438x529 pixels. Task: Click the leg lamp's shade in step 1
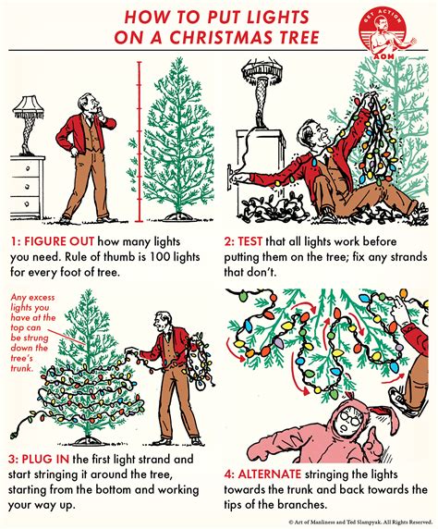point(29,106)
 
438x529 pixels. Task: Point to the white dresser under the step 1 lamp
point(26,187)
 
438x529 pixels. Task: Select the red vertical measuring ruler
point(139,141)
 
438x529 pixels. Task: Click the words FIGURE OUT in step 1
point(59,241)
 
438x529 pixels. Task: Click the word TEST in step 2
point(250,241)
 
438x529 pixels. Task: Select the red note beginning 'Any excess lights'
point(33,332)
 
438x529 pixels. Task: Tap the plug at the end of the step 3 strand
point(14,435)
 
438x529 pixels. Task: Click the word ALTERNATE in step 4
point(269,474)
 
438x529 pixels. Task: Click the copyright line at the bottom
point(359,522)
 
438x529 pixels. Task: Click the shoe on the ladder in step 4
point(402,400)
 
